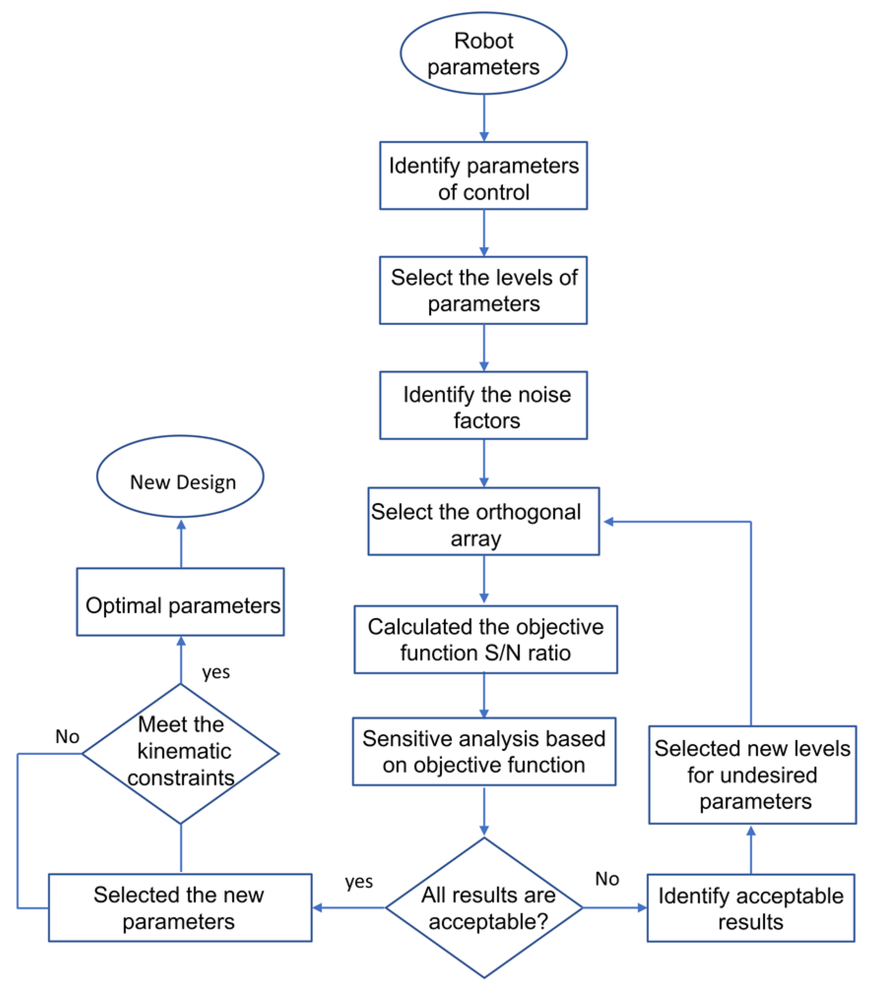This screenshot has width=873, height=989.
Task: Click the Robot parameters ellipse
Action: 483,53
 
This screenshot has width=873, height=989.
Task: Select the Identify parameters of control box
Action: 483,176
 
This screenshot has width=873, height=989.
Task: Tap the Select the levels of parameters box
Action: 483,290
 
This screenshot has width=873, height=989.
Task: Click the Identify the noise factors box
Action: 483,406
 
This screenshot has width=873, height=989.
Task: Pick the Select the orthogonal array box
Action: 483,521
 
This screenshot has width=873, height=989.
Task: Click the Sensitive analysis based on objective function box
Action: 484,752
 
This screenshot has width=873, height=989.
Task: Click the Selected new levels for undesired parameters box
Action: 752,775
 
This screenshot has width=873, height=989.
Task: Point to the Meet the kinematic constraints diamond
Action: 181,754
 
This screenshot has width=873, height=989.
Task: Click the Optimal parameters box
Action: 180,601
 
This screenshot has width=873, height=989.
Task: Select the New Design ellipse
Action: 180,477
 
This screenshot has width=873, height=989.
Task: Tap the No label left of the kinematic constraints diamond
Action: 67,737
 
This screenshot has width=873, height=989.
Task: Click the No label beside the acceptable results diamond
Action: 607,878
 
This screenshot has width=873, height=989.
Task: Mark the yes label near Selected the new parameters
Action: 359,881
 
